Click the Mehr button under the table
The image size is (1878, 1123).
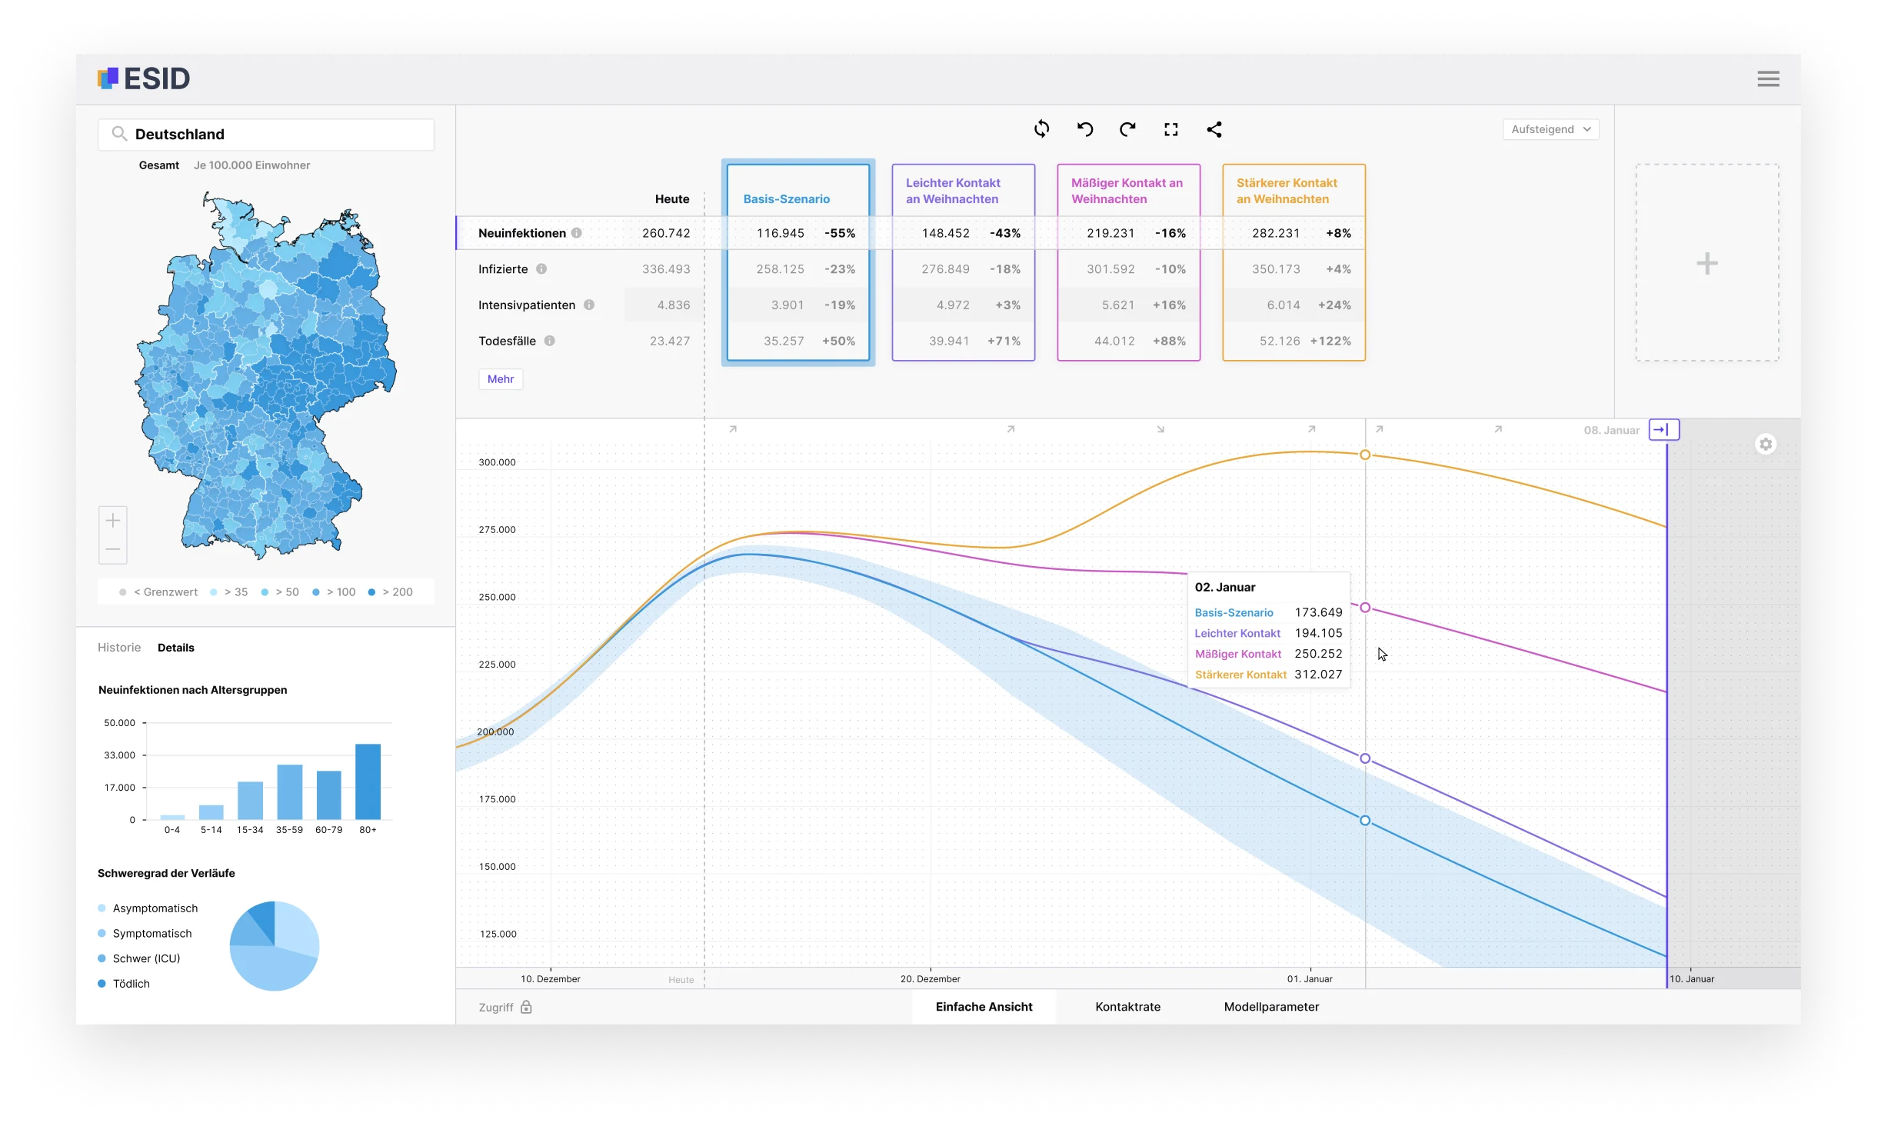[x=501, y=379]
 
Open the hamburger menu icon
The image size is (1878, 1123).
[x=1768, y=78]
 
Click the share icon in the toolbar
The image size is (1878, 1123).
[x=1214, y=130]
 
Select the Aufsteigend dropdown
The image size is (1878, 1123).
[x=1550, y=129]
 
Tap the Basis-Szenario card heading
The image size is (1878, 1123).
[x=786, y=199]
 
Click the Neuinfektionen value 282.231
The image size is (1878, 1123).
[x=1276, y=233]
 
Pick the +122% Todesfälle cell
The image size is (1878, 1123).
[x=1330, y=341]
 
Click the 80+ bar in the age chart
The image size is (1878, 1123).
[x=368, y=781]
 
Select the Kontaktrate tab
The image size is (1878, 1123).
[x=1127, y=1007]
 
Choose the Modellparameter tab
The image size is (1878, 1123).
[x=1271, y=1007]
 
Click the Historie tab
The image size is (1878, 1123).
[x=119, y=648]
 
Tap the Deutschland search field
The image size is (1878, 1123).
[x=266, y=135]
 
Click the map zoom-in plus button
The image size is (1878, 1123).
[x=113, y=521]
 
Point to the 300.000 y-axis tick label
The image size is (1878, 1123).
[x=497, y=462]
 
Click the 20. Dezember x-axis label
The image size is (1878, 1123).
[x=930, y=979]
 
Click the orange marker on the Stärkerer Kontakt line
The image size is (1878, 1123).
[x=1365, y=455]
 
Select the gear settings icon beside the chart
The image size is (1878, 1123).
[x=1766, y=445]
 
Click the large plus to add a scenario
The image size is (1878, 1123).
[x=1707, y=264]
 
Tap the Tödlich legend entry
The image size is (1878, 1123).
[x=131, y=984]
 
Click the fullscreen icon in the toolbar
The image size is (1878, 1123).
[x=1170, y=130]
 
